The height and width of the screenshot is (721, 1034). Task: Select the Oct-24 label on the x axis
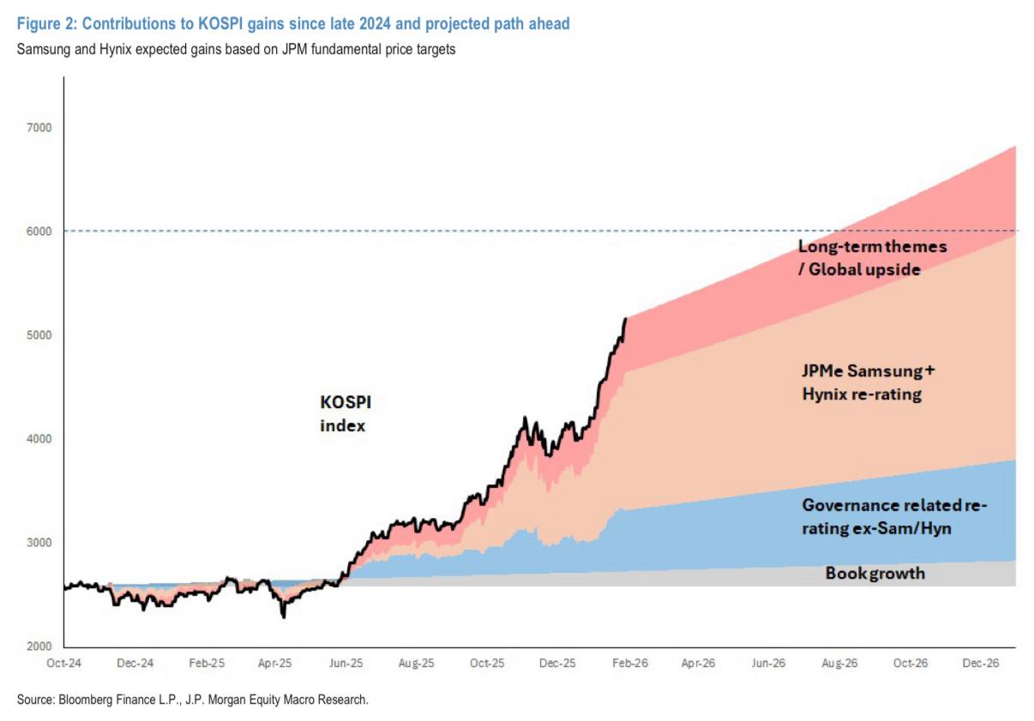[x=63, y=664]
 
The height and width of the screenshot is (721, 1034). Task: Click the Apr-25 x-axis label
[x=274, y=664]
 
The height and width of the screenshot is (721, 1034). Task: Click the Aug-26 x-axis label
[x=839, y=664]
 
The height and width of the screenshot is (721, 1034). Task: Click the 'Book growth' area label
[x=875, y=573]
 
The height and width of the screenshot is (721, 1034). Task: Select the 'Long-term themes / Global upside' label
[x=872, y=258]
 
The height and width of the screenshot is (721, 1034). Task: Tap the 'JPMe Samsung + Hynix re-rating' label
[x=868, y=382]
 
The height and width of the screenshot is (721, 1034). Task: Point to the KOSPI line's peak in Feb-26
[x=626, y=318]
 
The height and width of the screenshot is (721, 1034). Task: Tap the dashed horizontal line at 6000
[x=429, y=231]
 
